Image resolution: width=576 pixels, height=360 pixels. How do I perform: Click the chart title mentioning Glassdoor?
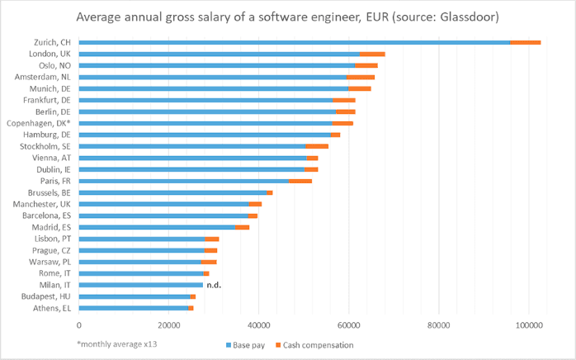[287, 17]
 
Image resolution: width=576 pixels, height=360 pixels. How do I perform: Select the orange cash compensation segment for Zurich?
[525, 42]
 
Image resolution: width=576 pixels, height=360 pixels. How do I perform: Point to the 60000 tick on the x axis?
[348, 325]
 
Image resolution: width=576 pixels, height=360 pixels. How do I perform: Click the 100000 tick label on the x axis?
[528, 325]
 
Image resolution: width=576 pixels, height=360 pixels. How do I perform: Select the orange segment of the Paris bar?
[300, 181]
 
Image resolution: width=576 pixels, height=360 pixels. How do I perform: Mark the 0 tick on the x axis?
[79, 325]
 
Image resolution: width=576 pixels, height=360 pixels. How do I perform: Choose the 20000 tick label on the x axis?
[168, 325]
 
